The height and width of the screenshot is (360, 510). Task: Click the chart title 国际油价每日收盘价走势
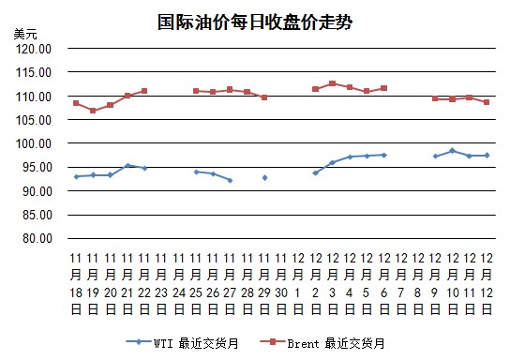[x=255, y=22]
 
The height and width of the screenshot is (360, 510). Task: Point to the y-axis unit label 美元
[x=25, y=34]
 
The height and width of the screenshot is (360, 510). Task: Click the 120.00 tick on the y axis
[x=34, y=49]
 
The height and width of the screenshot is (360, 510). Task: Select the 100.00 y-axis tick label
[x=34, y=143]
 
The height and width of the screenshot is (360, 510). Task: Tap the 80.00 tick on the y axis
[x=37, y=238]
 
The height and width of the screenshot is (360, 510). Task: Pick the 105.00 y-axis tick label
[x=34, y=120]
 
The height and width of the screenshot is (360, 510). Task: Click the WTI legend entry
[x=183, y=343]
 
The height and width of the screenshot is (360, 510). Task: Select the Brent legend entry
[x=322, y=343]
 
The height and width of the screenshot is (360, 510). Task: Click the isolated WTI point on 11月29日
[x=264, y=178]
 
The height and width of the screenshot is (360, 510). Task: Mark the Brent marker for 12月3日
[x=333, y=83]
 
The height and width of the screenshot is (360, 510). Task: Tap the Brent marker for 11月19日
[x=93, y=111]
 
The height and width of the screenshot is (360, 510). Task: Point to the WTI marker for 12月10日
[x=452, y=151]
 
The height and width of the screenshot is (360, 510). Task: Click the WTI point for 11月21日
[x=127, y=166]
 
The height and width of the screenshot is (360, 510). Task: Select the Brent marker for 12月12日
[x=487, y=102]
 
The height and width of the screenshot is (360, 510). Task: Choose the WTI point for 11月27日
[x=231, y=181]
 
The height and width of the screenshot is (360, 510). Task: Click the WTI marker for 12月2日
[x=315, y=173]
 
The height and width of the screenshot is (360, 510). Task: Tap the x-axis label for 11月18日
[x=76, y=284]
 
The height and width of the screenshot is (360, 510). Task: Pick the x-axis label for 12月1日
[x=298, y=284]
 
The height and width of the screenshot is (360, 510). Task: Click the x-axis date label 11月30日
[x=281, y=284]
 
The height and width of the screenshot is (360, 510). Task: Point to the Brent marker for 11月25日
[x=196, y=91]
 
